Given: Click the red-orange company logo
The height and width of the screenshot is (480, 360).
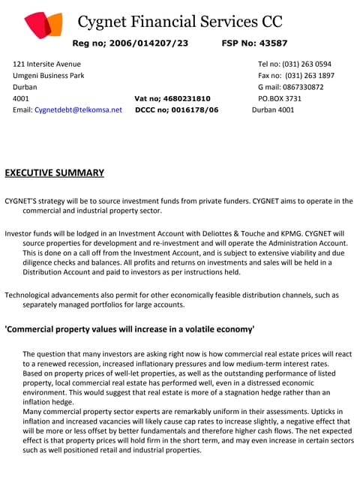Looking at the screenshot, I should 43,25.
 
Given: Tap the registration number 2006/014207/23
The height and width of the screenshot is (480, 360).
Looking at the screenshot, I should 150,43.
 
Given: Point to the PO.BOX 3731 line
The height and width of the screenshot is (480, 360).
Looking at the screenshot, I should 280,98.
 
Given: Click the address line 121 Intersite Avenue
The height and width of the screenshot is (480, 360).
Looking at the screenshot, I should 46,64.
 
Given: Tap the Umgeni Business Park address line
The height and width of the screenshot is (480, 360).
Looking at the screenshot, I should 49,76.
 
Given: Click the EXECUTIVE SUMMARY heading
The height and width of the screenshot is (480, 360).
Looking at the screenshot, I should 55,173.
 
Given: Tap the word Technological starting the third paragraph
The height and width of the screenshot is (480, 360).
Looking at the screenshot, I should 31,295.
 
